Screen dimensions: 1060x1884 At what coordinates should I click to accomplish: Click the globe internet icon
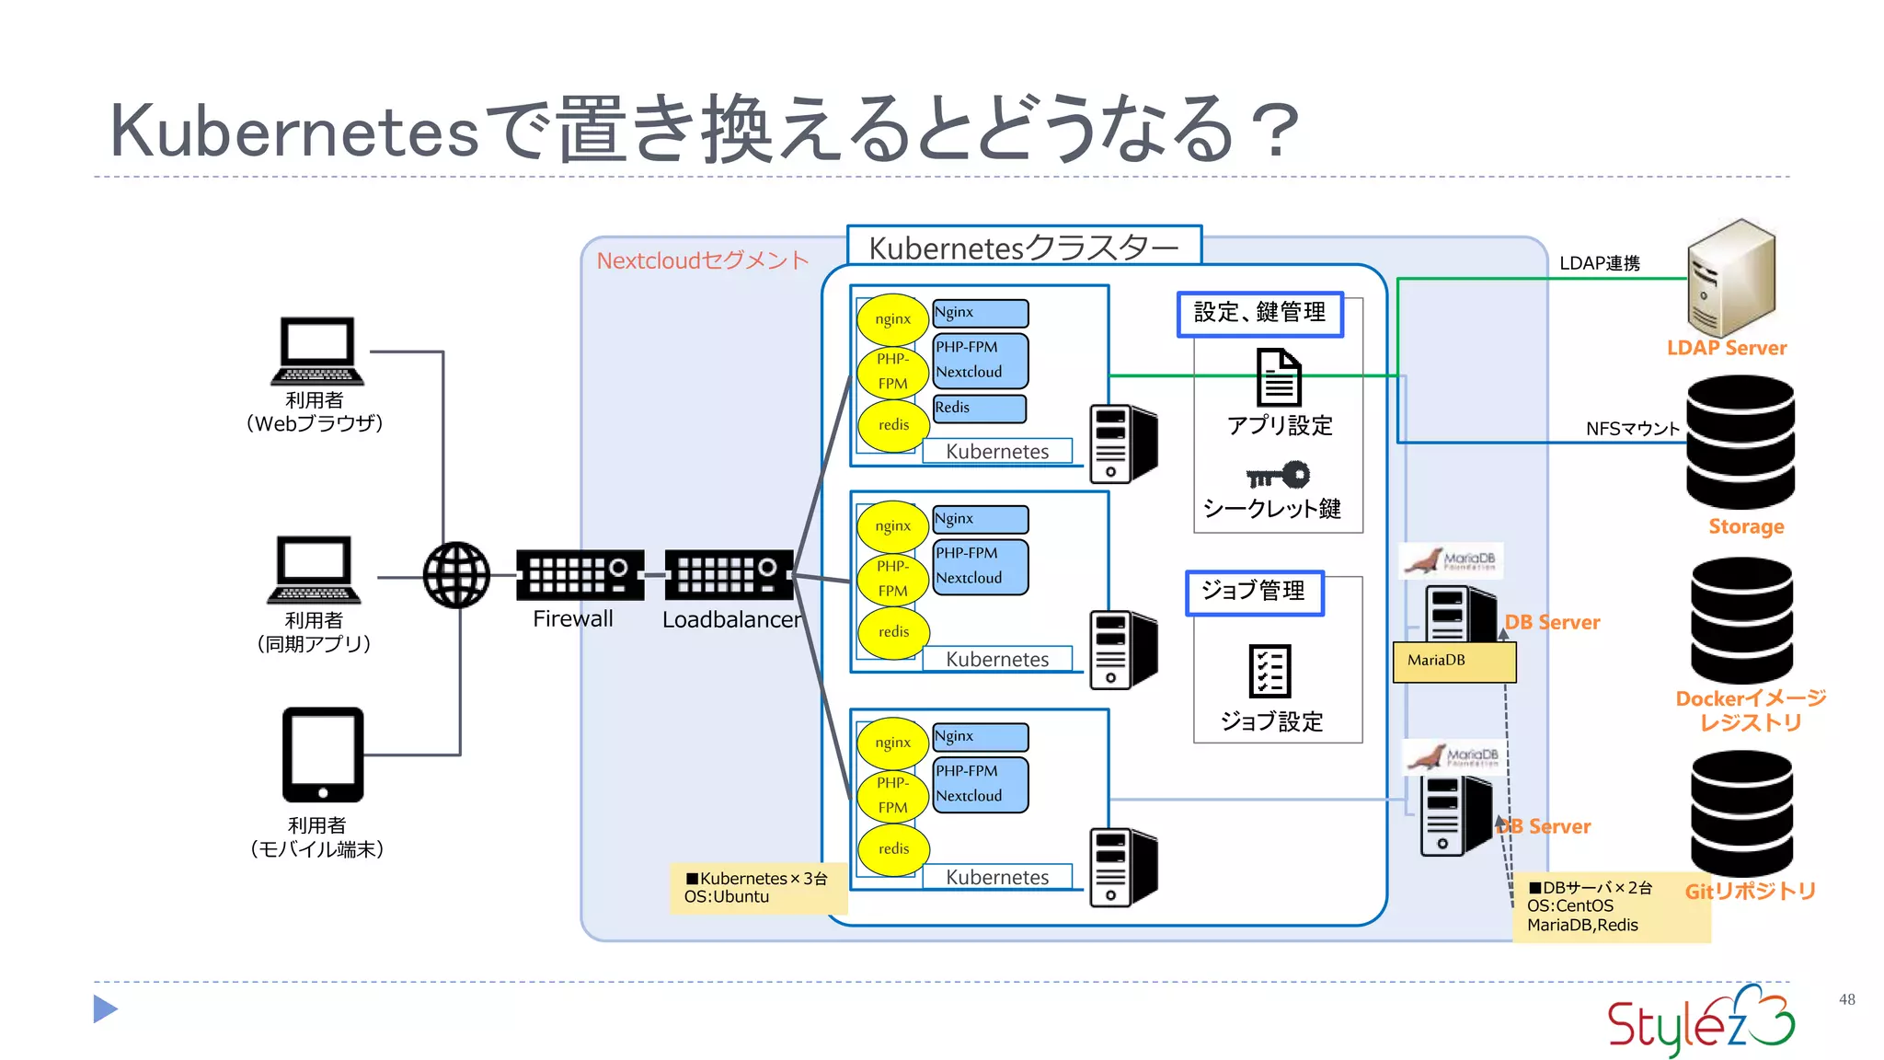(456, 575)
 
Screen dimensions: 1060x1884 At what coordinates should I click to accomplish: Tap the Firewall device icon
(580, 575)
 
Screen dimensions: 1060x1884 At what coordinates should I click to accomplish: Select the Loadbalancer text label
(731, 619)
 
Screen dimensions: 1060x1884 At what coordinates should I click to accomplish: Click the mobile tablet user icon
(323, 755)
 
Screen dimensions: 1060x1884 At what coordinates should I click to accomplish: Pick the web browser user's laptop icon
(317, 351)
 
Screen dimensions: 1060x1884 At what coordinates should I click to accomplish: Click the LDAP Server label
(1726, 348)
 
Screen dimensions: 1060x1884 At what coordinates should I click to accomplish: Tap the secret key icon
(1278, 476)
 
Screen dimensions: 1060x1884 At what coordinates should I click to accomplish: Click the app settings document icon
(1279, 377)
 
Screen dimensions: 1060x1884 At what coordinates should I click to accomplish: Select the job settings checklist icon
(1269, 671)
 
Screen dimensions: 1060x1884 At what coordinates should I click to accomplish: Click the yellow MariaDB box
(1454, 662)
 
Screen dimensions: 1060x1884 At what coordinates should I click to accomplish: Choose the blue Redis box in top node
(980, 409)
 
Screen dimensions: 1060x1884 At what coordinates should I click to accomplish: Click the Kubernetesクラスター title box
(1024, 247)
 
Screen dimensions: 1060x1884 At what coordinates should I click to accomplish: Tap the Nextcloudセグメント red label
(703, 260)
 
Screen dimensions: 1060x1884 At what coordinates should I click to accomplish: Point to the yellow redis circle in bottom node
(893, 848)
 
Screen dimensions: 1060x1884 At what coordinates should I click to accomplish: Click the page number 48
(1846, 999)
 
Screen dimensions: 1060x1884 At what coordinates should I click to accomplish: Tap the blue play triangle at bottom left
(105, 1009)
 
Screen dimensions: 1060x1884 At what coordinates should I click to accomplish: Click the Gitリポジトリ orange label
(1750, 891)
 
